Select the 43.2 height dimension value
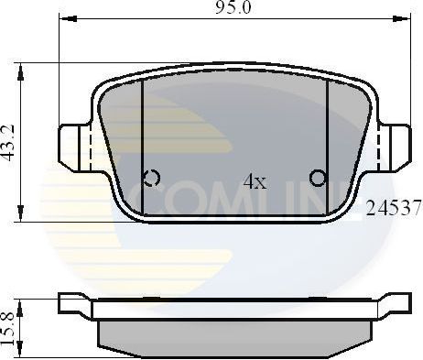pos(8,144)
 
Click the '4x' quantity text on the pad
pos(254,181)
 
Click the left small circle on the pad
pos(152,177)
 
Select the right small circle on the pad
pos(317,177)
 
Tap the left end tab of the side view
pos(73,303)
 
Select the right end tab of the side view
pos(396,303)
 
